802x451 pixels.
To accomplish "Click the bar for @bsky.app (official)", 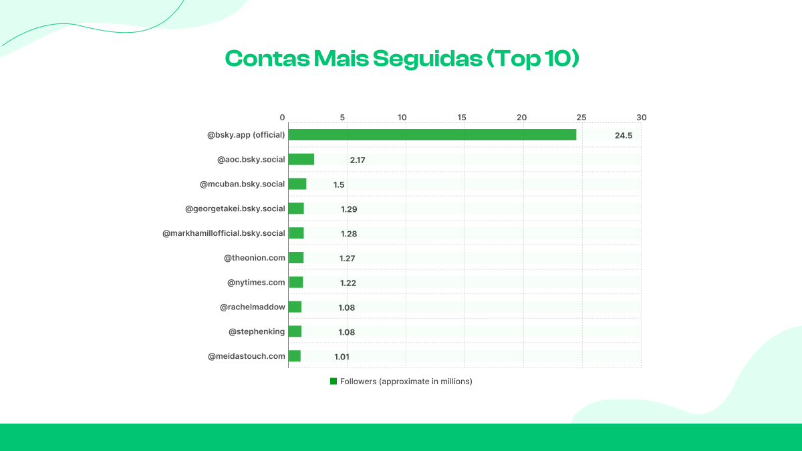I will pyautogui.click(x=432, y=135).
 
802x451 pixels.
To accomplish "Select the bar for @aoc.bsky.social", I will pyautogui.click(x=301, y=159).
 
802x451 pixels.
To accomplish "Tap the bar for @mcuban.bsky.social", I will pyautogui.click(x=297, y=184).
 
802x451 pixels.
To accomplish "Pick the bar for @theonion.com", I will pyautogui.click(x=296, y=258).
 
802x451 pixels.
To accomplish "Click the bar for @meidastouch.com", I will pyautogui.click(x=295, y=356).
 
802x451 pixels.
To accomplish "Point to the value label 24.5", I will pyautogui.click(x=624, y=136).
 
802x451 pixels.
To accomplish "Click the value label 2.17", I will pyautogui.click(x=358, y=160).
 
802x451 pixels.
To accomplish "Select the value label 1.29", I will pyautogui.click(x=349, y=209).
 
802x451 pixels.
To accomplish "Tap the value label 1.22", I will pyautogui.click(x=348, y=283).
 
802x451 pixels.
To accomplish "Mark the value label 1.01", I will pyautogui.click(x=342, y=357).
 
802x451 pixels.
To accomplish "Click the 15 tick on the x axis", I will pyautogui.click(x=462, y=118).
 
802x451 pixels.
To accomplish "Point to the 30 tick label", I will pyautogui.click(x=642, y=118).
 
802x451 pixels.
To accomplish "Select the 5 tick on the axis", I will pyautogui.click(x=342, y=118).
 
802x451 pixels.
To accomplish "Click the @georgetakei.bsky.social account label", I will pyautogui.click(x=235, y=208).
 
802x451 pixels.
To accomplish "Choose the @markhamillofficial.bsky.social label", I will pyautogui.click(x=224, y=233).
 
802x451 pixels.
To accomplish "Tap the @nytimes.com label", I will pyautogui.click(x=256, y=282).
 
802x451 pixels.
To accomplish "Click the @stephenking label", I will pyautogui.click(x=257, y=331).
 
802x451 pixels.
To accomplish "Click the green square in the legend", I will pyautogui.click(x=333, y=381).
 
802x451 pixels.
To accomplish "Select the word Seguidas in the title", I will pyautogui.click(x=426, y=59).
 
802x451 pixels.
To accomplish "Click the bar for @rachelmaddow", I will pyautogui.click(x=295, y=307).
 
